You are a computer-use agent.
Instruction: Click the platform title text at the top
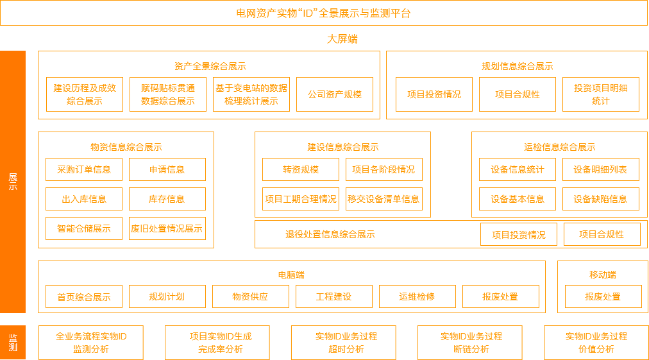[328, 13]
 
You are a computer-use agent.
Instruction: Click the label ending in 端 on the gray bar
[342, 39]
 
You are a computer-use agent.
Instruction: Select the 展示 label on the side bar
[13, 182]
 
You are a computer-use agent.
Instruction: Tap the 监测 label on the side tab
[13, 343]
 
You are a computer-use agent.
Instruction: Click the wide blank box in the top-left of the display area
[208, 85]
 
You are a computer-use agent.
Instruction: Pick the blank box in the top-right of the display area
[516, 85]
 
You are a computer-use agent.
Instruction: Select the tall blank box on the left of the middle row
[126, 189]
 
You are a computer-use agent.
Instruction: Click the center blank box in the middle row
[342, 174]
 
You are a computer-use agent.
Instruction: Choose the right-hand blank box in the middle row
[559, 174]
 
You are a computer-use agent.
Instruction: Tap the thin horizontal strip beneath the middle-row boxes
[450, 234]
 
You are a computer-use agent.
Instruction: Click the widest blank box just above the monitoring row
[291, 287]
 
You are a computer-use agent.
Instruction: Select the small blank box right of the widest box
[602, 287]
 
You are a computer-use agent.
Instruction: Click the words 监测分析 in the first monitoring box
[91, 349]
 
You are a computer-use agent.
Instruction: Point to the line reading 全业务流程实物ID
[91, 336]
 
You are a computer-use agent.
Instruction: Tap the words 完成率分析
[221, 349]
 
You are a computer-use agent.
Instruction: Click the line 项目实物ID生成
[221, 336]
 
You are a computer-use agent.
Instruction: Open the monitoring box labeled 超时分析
[343, 343]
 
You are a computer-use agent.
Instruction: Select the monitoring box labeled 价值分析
[596, 343]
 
